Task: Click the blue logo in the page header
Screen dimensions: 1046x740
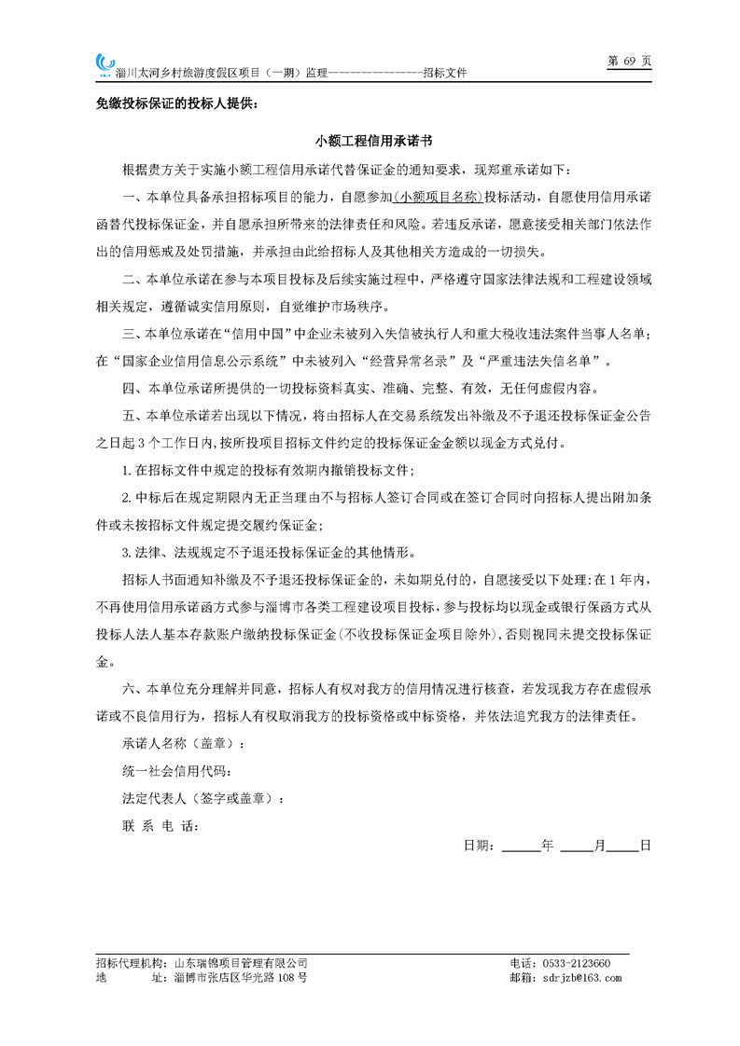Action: point(104,63)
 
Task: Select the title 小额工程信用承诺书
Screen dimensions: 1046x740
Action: point(370,142)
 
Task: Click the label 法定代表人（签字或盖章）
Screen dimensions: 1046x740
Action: point(202,799)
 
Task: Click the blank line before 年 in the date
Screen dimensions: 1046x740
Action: point(520,846)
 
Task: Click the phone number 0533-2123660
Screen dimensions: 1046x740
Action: point(579,963)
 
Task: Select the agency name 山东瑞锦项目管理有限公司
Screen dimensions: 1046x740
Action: point(241,963)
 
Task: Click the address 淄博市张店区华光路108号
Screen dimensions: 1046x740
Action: point(241,978)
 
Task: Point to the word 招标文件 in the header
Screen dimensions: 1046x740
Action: point(444,73)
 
